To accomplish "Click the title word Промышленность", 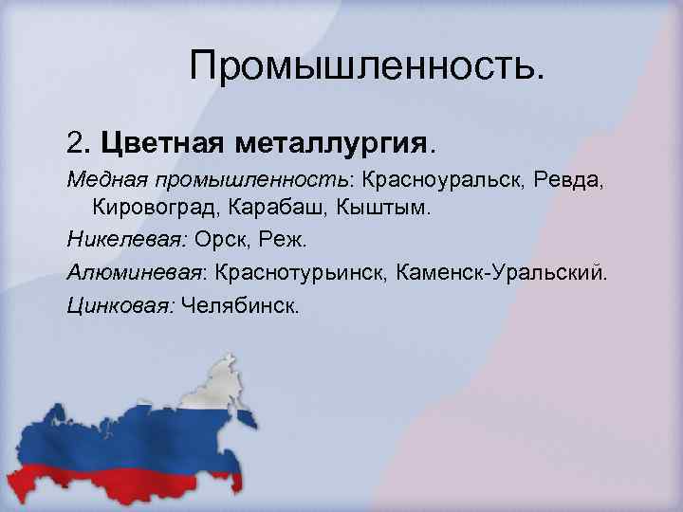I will pos(367,65).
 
